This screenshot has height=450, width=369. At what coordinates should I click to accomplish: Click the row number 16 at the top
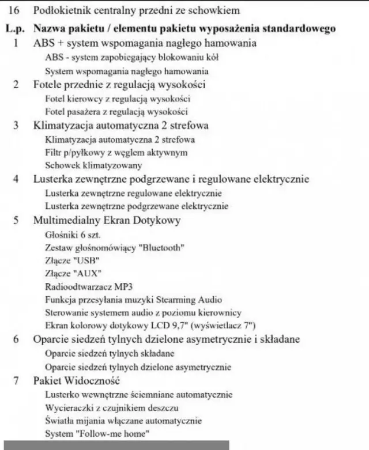pyautogui.click(x=16, y=10)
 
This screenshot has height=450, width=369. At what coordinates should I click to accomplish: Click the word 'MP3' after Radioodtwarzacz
pyautogui.click(x=123, y=286)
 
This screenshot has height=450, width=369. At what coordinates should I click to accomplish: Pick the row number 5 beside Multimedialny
pyautogui.click(x=16, y=220)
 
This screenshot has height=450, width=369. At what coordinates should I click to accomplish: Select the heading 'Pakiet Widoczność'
pyautogui.click(x=76, y=380)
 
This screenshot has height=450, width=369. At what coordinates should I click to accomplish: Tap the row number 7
pyautogui.click(x=16, y=380)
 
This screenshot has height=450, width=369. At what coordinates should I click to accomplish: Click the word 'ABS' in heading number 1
pyautogui.click(x=44, y=44)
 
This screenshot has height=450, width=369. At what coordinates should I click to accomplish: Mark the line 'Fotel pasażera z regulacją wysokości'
pyautogui.click(x=115, y=111)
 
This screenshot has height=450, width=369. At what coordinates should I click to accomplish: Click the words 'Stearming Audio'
pyautogui.click(x=191, y=300)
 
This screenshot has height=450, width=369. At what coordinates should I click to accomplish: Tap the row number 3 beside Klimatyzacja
pyautogui.click(x=16, y=125)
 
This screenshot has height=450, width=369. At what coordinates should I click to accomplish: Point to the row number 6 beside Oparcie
pyautogui.click(x=16, y=339)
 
